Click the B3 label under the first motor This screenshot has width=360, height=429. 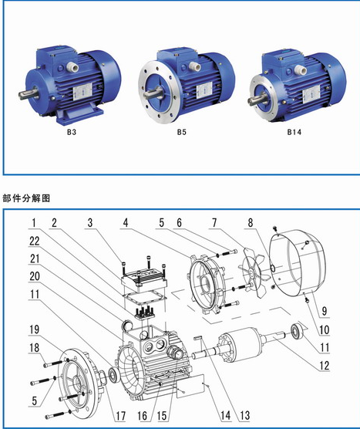tap(72, 132)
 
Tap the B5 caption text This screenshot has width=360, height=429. tap(181, 132)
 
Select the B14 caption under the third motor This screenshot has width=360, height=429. tap(294, 132)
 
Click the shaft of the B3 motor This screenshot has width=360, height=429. tap(27, 94)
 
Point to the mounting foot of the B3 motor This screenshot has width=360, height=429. tap(80, 114)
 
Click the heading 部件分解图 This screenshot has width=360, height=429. tap(26, 198)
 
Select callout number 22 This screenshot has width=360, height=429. tap(35, 242)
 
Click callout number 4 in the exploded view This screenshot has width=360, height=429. tap(126, 223)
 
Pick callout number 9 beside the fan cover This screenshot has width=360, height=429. tap(325, 311)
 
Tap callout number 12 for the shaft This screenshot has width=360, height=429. tap(325, 365)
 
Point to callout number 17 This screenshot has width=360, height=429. tap(120, 416)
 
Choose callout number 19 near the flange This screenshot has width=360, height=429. tap(35, 329)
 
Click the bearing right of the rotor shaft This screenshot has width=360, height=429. tap(296, 331)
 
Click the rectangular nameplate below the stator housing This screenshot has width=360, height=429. tap(190, 386)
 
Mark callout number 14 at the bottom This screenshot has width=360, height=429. tap(226, 416)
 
